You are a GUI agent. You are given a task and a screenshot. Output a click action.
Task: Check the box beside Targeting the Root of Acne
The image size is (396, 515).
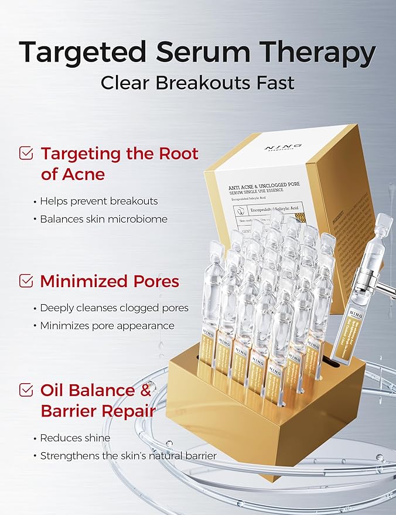[26, 154]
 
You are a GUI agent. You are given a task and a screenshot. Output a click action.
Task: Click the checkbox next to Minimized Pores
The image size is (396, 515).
[26, 281]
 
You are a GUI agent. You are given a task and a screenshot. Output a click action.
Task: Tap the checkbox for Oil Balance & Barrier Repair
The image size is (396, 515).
[26, 390]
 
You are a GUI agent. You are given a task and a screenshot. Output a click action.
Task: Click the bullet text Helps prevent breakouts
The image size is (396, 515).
[99, 201]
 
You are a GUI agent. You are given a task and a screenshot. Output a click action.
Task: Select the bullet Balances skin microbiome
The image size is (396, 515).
[104, 219]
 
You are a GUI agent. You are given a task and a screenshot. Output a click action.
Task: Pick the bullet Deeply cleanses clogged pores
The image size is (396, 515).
[114, 308]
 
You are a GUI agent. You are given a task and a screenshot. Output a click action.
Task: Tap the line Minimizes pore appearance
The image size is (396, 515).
[107, 326]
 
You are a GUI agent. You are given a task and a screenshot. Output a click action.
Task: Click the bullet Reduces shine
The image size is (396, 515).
[75, 438]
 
